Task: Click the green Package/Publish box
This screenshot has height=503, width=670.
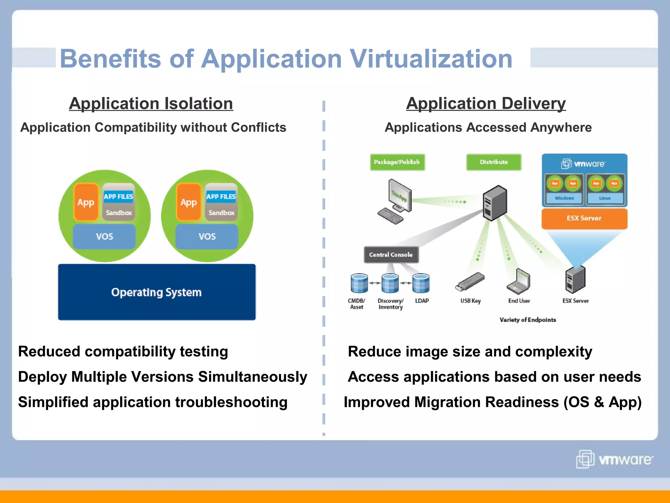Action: [x=397, y=162]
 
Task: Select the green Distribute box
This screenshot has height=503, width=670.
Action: [x=493, y=162]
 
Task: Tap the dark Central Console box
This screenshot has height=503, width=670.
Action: [x=391, y=255]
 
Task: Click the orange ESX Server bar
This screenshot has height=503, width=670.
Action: [x=584, y=218]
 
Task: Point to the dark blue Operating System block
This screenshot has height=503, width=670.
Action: [x=157, y=292]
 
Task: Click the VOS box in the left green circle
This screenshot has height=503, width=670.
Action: [x=104, y=236]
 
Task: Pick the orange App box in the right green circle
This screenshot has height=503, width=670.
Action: [x=189, y=202]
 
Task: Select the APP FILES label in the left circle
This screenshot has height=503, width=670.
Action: [x=118, y=196]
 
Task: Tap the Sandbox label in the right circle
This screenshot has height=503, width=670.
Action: [x=221, y=213]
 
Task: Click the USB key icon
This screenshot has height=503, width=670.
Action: [x=470, y=282]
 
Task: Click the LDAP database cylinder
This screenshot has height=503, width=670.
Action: [x=421, y=283]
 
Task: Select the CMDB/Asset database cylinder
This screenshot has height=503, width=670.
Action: [x=359, y=283]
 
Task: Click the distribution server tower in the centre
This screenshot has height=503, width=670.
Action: [x=495, y=203]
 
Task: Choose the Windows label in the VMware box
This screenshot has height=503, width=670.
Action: [x=564, y=198]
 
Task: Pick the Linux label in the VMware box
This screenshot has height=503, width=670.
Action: [x=605, y=198]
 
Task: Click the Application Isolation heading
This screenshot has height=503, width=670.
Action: [x=151, y=103]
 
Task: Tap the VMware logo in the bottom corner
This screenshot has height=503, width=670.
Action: [x=614, y=459]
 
